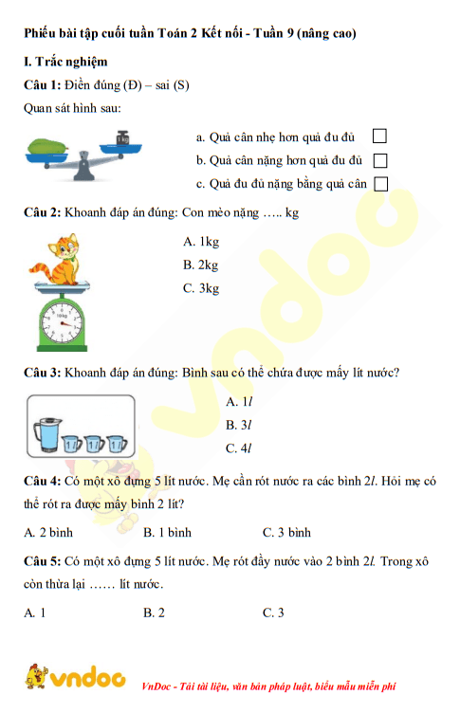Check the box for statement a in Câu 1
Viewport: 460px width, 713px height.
(x=381, y=137)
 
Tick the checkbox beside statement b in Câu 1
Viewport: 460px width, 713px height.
(x=381, y=160)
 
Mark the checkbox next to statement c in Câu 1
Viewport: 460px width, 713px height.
(x=381, y=184)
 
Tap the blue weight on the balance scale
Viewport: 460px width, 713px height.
(x=122, y=139)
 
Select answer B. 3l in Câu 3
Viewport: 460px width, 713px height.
(x=238, y=425)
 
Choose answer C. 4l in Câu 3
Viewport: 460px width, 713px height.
(x=238, y=448)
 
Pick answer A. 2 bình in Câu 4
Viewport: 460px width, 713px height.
(x=49, y=532)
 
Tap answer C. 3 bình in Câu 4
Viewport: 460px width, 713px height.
(x=286, y=532)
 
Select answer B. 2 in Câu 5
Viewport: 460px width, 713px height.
(x=154, y=612)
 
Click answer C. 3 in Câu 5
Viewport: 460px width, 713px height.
(x=273, y=612)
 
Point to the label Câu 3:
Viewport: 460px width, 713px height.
(x=43, y=372)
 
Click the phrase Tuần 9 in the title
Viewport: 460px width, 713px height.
(x=268, y=33)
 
